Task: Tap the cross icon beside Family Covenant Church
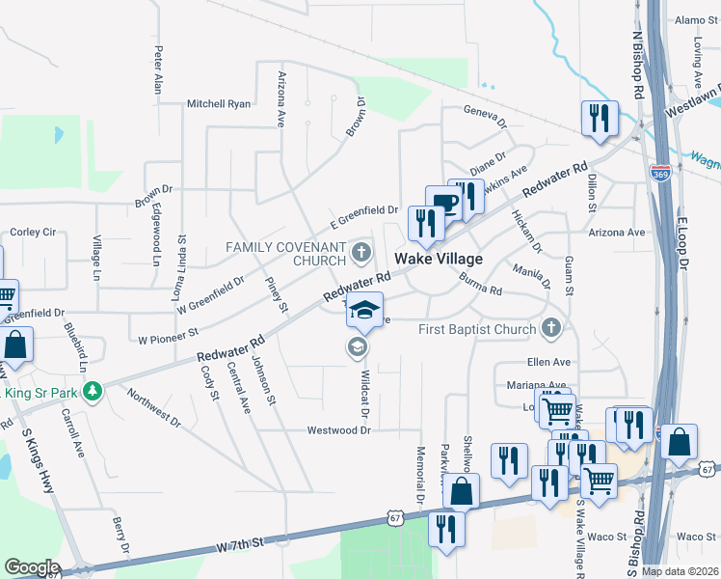click(361, 254)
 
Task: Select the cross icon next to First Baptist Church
click(551, 329)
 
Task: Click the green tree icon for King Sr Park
click(93, 392)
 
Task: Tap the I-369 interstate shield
click(660, 174)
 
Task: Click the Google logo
click(32, 567)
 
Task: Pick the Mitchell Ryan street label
click(219, 103)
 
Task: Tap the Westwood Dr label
click(338, 429)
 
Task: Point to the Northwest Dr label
click(153, 409)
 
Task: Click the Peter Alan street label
click(157, 70)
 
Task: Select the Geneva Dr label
click(485, 115)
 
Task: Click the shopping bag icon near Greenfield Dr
click(15, 345)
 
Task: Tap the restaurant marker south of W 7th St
click(446, 528)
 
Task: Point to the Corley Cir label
click(33, 233)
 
